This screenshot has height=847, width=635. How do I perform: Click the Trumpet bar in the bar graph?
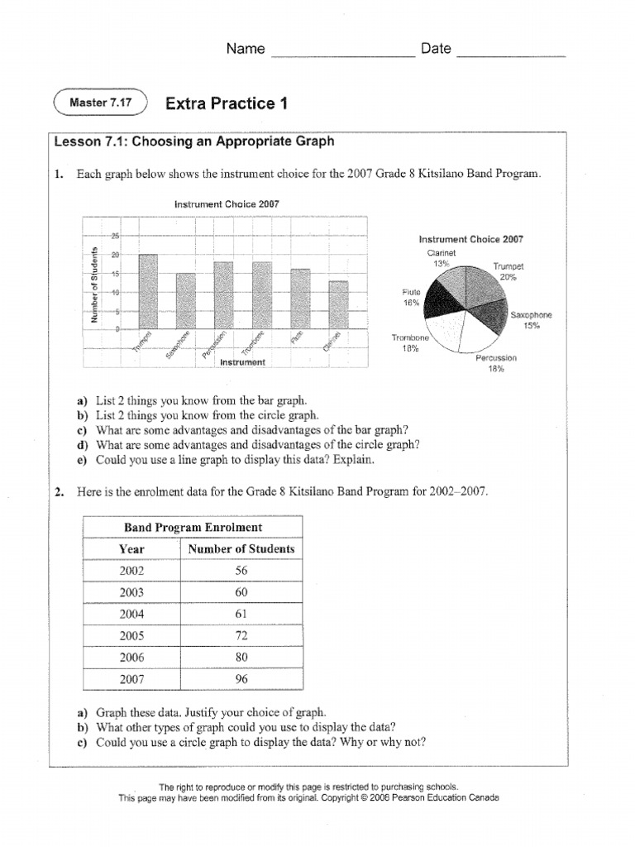point(148,291)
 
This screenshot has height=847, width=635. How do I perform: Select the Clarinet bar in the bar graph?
point(339,305)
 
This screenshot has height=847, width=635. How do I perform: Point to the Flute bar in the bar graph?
point(301,299)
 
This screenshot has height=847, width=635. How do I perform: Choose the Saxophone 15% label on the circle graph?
point(531,320)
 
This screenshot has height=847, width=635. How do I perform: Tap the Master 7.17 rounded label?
point(100,103)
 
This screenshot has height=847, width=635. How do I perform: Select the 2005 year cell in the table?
point(131,635)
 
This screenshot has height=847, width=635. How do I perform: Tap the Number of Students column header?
point(241,548)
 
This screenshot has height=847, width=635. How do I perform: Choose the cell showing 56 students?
point(241,571)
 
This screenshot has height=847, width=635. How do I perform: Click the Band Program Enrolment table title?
point(193,527)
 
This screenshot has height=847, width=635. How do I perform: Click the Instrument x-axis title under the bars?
point(242,362)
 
